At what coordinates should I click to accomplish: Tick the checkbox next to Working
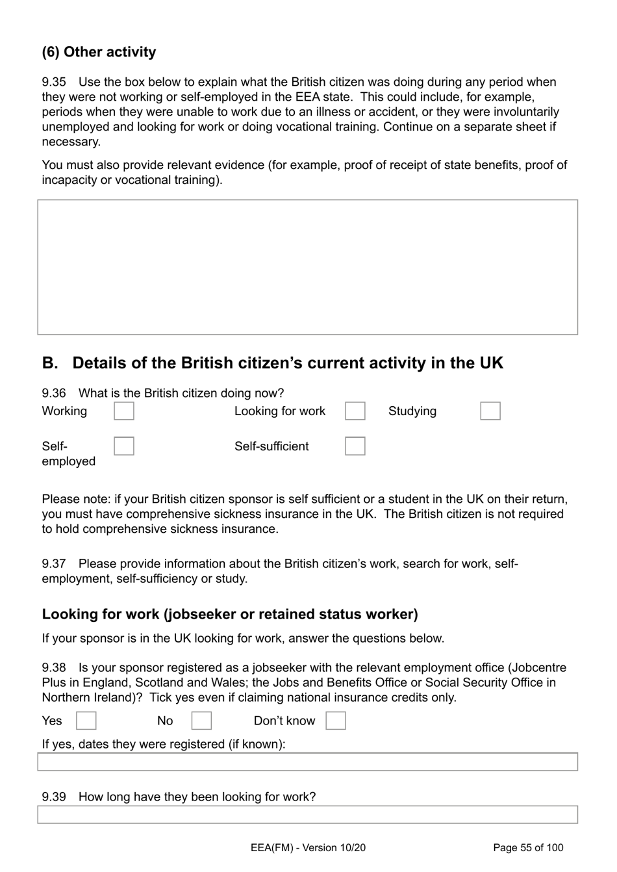point(123,411)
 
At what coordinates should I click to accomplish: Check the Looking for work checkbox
point(355,411)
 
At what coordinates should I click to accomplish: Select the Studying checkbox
point(490,411)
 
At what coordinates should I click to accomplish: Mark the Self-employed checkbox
point(123,446)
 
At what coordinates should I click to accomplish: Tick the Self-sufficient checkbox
point(355,446)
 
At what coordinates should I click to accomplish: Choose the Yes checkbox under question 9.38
point(86,721)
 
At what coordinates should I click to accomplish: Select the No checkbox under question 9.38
point(201,721)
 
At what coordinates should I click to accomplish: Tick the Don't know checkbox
point(335,721)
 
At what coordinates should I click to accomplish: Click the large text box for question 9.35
point(307,267)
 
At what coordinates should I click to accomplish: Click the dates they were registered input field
point(307,762)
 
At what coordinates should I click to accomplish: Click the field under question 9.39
point(307,814)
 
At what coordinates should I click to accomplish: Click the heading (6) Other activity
point(99,52)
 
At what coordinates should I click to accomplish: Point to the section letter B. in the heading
point(50,363)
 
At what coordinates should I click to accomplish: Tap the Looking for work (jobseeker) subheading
point(230,614)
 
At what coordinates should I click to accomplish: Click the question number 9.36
point(54,393)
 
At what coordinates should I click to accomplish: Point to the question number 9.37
point(54,563)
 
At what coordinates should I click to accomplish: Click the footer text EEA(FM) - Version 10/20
point(307,847)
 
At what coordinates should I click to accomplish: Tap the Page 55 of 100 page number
point(528,847)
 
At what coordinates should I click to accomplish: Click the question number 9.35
point(54,82)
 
